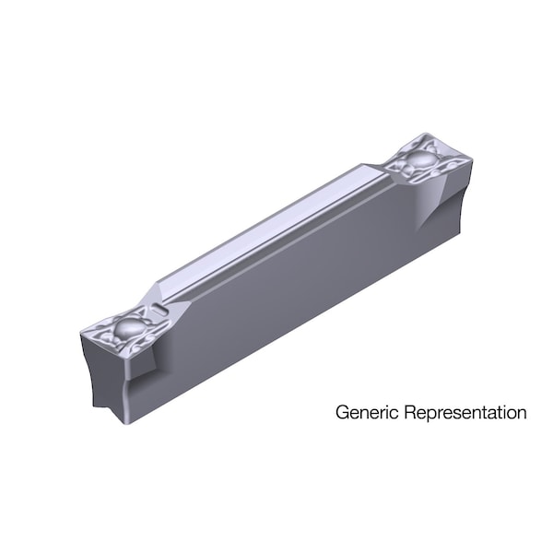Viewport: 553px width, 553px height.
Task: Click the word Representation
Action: coord(463,412)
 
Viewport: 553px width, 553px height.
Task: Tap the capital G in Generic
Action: coord(341,412)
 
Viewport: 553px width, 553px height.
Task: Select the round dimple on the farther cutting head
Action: coord(421,160)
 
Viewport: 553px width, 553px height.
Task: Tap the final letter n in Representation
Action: coord(522,412)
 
